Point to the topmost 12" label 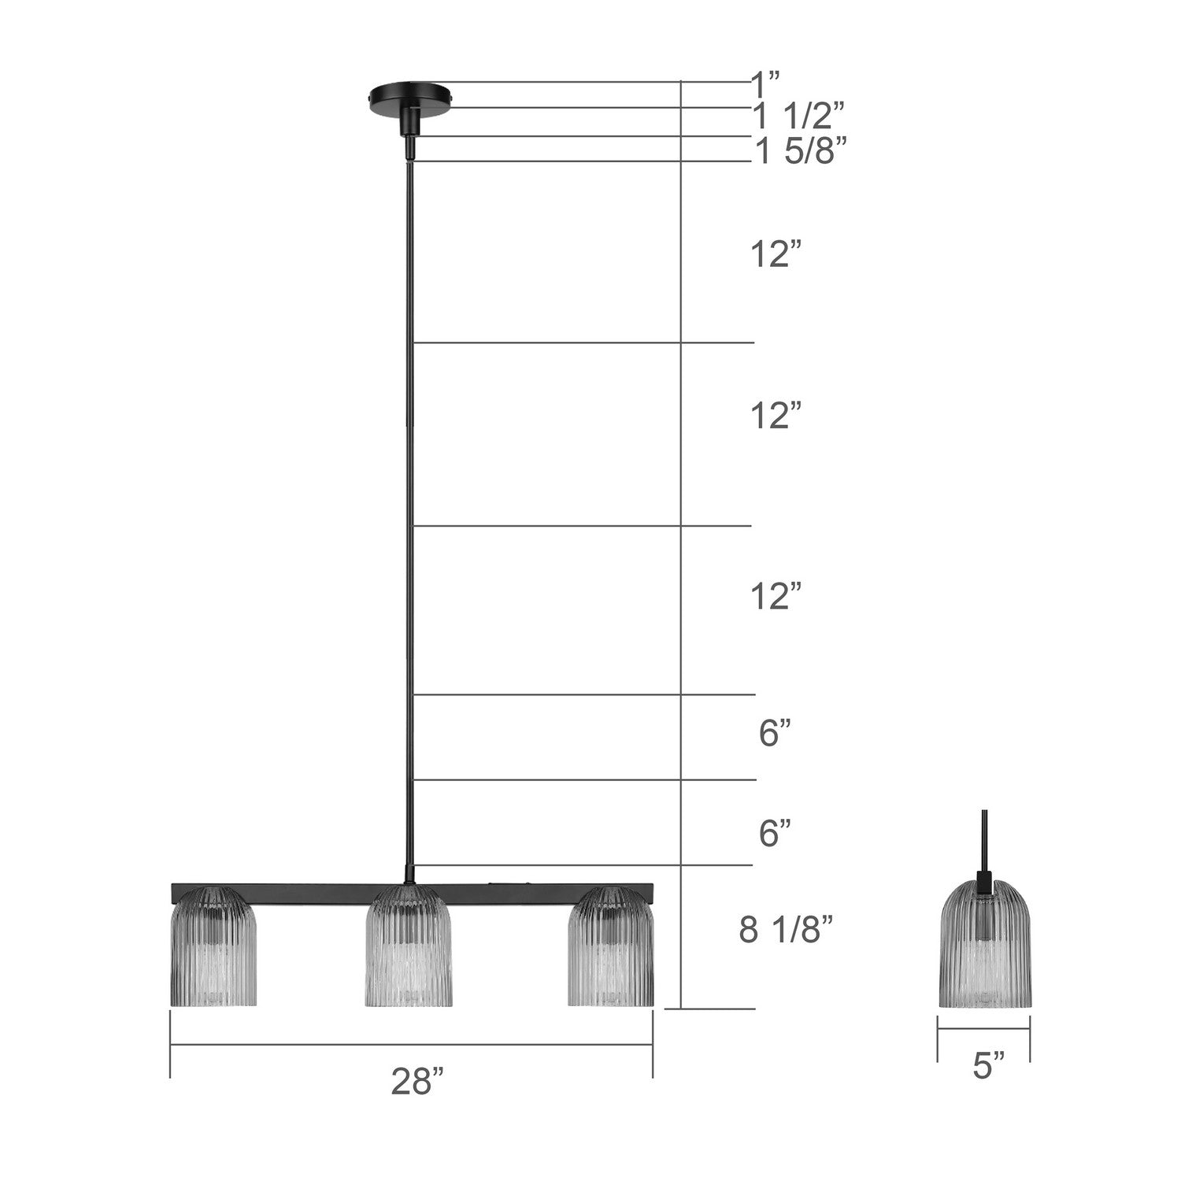coord(776,255)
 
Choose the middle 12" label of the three coord(776,415)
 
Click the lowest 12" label coord(776,596)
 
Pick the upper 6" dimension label coord(775,734)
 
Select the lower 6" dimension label coord(775,832)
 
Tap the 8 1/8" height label coord(785,931)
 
